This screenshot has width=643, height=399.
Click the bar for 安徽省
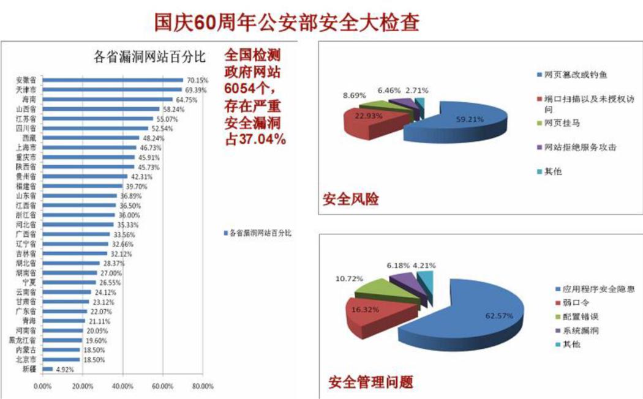tap(113, 80)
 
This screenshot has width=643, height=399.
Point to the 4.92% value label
tap(66, 369)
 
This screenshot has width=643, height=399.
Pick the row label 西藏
tap(29, 138)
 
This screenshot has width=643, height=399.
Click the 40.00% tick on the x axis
tap(122, 387)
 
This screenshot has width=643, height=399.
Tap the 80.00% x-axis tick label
tap(202, 387)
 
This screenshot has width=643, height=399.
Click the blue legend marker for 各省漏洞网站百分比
tap(225, 233)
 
